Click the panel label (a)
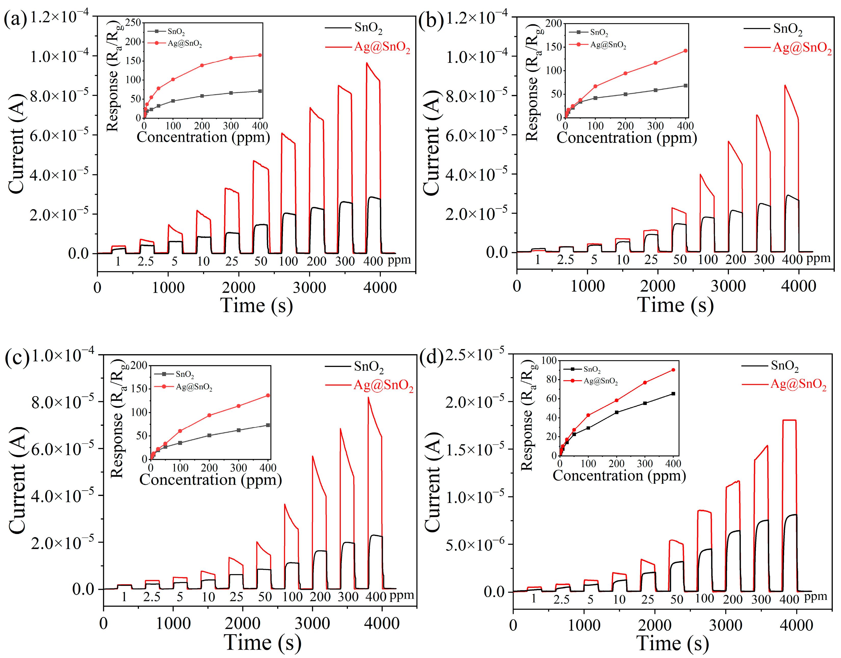click(x=15, y=19)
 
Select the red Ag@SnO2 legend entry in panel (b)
click(x=802, y=48)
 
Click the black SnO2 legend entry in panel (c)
click(x=368, y=366)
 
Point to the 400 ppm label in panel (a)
click(x=373, y=261)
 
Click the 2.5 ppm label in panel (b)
click(x=565, y=260)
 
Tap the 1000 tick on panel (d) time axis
click(x=584, y=625)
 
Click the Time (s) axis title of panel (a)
click(x=256, y=306)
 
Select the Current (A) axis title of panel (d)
click(x=433, y=482)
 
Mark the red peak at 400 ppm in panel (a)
click(x=366, y=63)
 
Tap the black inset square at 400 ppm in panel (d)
click(x=673, y=394)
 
